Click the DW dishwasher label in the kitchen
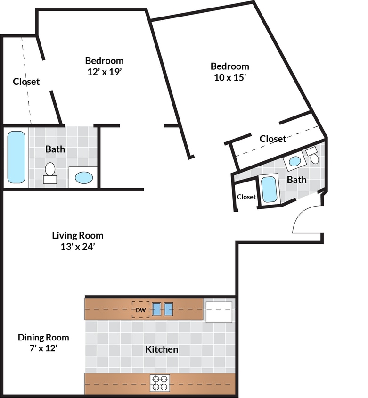tap(140, 310)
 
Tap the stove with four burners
tap(160, 382)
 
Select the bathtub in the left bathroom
tap(16, 157)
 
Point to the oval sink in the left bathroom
tap(84, 178)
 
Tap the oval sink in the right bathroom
tap(295, 161)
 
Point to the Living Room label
tap(78, 235)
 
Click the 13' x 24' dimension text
tap(78, 246)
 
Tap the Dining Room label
tap(43, 338)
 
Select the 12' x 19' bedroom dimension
tap(104, 72)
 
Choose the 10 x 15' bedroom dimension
tap(229, 77)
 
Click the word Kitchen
tap(162, 349)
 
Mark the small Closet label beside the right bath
tap(246, 197)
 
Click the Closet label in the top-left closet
tap(26, 82)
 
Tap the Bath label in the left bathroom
tap(55, 149)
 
